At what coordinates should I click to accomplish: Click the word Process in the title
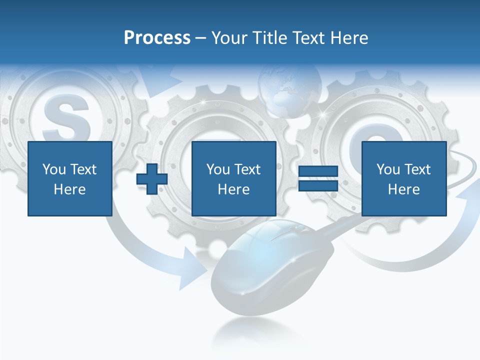click(x=157, y=37)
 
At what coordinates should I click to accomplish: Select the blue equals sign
click(x=318, y=179)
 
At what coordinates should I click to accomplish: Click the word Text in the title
click(x=308, y=37)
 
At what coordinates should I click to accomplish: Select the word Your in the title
click(x=229, y=37)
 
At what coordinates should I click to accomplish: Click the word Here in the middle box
click(x=234, y=189)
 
